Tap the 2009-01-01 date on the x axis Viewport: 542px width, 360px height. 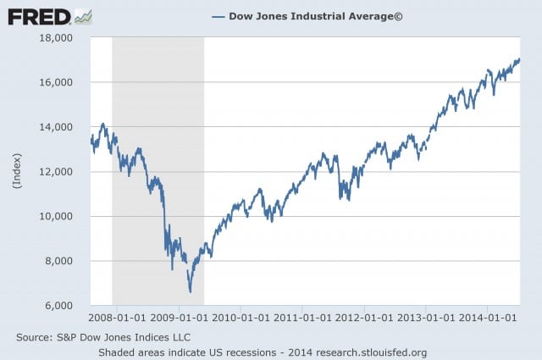(179, 318)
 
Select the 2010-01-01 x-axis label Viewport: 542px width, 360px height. (241, 318)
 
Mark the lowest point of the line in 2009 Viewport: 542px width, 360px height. (190, 291)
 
